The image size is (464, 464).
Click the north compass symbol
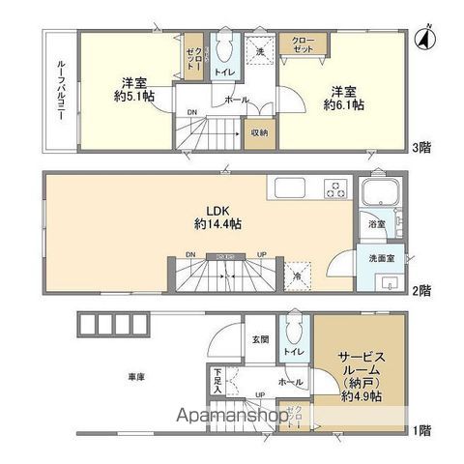point(421,39)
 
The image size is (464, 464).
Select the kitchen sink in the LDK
point(290,188)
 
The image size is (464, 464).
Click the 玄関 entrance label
point(261,339)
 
